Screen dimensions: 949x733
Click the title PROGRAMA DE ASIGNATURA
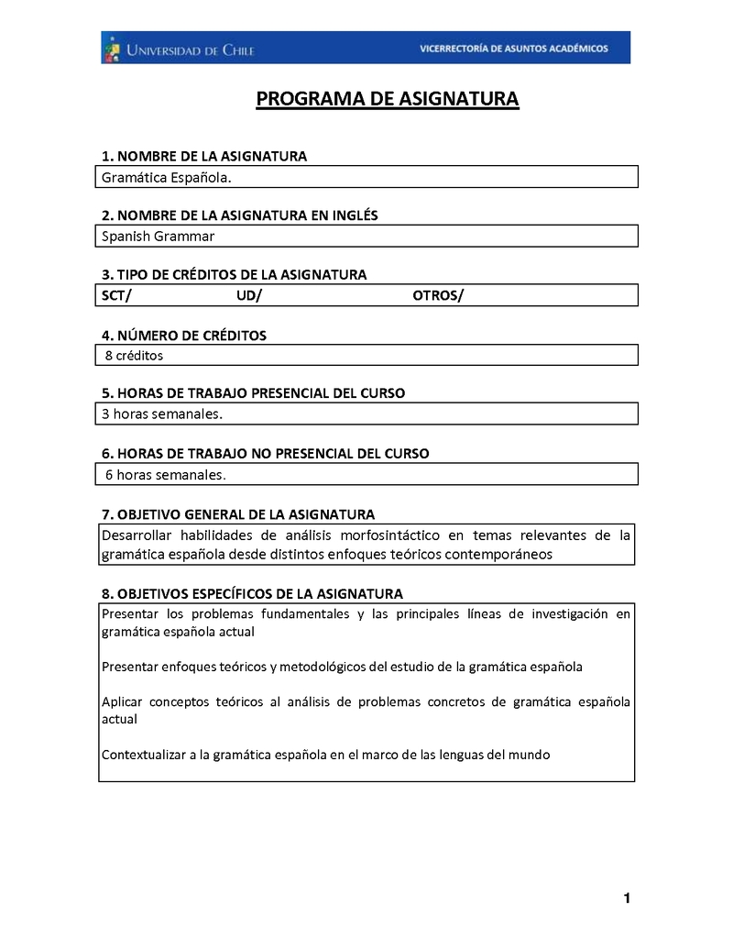[387, 99]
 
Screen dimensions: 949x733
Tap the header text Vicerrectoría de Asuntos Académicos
[513, 49]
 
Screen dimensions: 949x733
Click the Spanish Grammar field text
[158, 237]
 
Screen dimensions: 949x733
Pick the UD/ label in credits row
[248, 295]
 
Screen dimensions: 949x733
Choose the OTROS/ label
[438, 295]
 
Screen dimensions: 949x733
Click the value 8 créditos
[134, 355]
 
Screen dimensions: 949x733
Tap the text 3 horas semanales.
[162, 414]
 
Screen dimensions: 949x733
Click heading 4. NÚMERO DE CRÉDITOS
[184, 336]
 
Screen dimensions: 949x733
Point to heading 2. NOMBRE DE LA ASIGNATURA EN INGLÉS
[239, 215]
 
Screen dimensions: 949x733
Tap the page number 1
[627, 899]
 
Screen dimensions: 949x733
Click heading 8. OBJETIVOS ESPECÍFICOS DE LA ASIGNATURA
[252, 594]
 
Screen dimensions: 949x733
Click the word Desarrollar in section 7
[136, 535]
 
